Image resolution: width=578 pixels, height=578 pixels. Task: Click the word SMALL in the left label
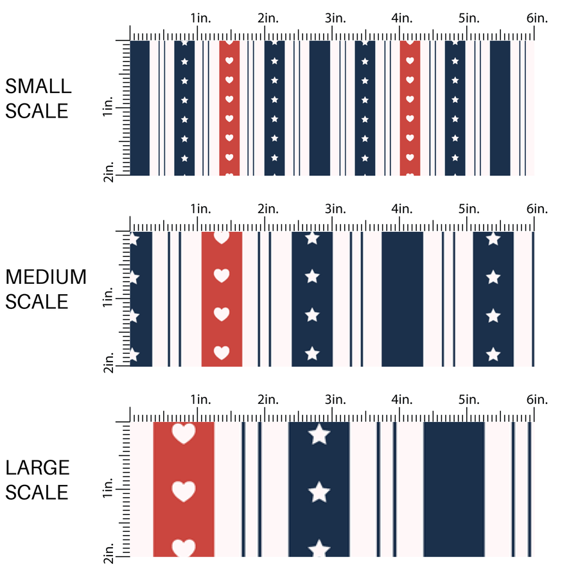pyautogui.click(x=38, y=86)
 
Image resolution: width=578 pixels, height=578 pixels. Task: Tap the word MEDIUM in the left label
pyautogui.click(x=46, y=277)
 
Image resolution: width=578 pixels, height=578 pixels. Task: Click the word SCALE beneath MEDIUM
pyautogui.click(x=37, y=301)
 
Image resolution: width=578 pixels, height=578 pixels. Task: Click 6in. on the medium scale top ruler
pyautogui.click(x=537, y=209)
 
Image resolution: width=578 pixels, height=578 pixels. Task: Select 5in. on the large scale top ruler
pyautogui.click(x=469, y=400)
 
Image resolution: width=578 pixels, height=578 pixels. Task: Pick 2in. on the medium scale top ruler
pyautogui.click(x=268, y=209)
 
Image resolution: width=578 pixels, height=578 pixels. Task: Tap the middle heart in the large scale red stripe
pyautogui.click(x=184, y=491)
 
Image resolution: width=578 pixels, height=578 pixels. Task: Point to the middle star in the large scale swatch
pyautogui.click(x=319, y=493)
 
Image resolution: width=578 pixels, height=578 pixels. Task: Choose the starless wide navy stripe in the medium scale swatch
pyautogui.click(x=403, y=299)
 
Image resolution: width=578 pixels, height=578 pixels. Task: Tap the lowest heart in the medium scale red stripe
pyautogui.click(x=222, y=353)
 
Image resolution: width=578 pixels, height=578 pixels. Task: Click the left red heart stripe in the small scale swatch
pyautogui.click(x=229, y=108)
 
